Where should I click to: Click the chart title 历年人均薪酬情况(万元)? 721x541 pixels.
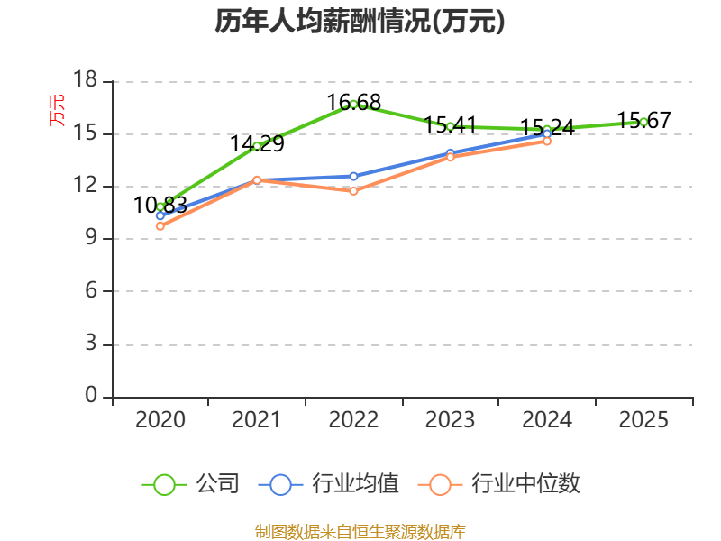[x=360, y=22]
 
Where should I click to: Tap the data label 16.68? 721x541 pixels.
[x=353, y=102]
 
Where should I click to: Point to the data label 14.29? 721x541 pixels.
[x=257, y=143]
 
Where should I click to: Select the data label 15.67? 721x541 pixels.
[x=643, y=120]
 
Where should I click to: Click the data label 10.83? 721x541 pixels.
[x=160, y=206]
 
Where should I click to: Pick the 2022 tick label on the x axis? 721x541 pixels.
[x=353, y=419]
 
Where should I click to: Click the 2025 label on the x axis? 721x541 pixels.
[x=643, y=419]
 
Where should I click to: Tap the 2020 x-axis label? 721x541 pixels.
[x=160, y=419]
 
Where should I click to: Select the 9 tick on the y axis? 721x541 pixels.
[x=90, y=239]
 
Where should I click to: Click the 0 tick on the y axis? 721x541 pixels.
[x=90, y=396]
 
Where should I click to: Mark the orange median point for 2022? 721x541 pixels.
[x=353, y=191]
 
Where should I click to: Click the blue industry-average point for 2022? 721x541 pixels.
[x=353, y=176]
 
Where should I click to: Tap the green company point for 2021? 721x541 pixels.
[x=257, y=146]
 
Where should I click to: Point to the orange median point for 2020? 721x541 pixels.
[x=160, y=226]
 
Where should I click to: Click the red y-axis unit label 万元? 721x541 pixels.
[x=57, y=110]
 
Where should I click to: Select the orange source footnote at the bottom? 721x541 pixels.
[x=360, y=531]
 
